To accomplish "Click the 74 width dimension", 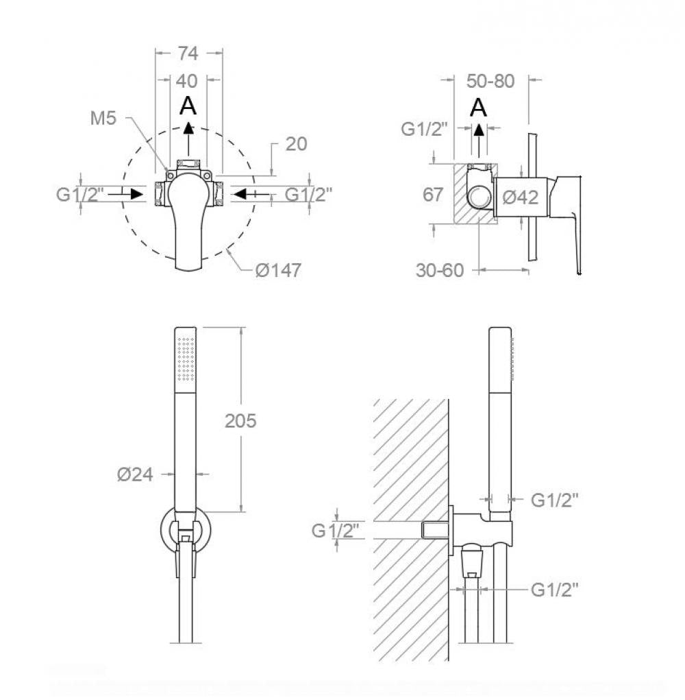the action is (188, 53).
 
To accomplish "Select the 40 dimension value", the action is (186, 82).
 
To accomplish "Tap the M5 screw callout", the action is (103, 119).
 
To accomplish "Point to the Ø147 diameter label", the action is (278, 271).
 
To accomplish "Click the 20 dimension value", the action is (296, 144).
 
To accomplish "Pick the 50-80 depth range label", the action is (490, 82).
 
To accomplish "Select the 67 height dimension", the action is (433, 195).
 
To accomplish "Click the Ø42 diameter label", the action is (521, 197).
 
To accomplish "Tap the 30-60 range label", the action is (440, 271).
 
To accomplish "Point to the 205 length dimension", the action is (240, 421).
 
